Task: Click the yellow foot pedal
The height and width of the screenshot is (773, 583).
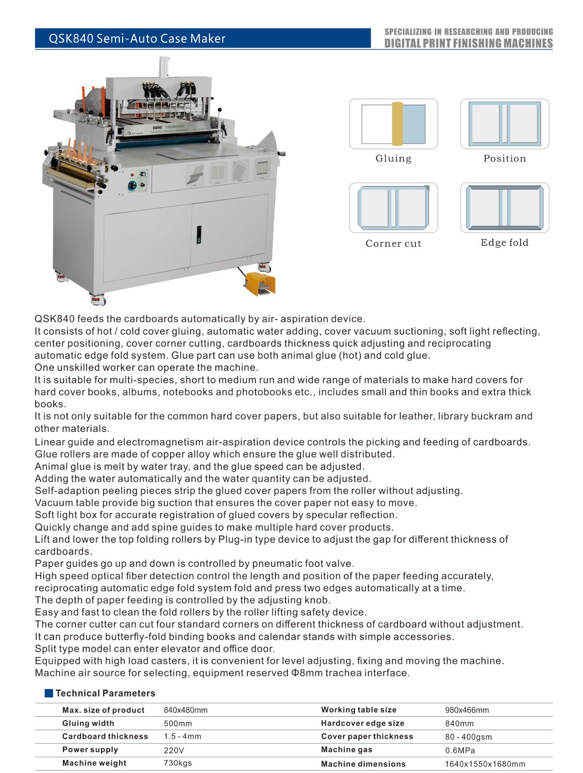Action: pos(259,283)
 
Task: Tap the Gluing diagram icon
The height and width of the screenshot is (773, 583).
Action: pos(393,124)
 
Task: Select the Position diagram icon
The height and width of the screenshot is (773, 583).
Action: pos(505,124)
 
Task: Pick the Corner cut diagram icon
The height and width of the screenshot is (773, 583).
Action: pos(393,208)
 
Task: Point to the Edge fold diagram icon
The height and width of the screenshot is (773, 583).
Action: pos(505,208)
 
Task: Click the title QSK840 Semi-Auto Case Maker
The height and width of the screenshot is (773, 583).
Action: pos(137,39)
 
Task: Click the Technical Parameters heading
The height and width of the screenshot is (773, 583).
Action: pos(105,693)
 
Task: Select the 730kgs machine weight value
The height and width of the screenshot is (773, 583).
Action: pos(178,763)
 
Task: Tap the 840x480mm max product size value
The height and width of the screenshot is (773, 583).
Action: pos(185,710)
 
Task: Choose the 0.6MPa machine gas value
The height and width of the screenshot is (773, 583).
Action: pos(460,750)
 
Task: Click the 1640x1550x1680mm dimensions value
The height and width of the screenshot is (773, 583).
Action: pos(485,764)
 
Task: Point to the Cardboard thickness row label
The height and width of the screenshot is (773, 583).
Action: pos(105,736)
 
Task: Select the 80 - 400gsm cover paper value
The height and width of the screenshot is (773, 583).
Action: pos(469,737)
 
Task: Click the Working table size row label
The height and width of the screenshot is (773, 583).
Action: pos(359,709)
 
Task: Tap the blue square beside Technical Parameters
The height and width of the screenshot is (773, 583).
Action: pos(49,693)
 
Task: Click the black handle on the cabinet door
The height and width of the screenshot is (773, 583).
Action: pos(199,234)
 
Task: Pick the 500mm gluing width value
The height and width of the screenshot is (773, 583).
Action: pos(178,723)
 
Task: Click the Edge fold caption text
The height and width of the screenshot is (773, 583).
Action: pos(505,242)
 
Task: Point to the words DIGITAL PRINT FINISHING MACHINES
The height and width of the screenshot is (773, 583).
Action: pos(469,43)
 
